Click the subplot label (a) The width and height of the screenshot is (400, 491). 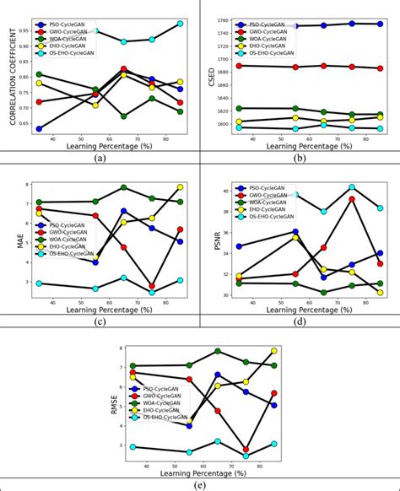[x=100, y=158]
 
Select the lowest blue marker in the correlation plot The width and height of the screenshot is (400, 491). [x=39, y=129]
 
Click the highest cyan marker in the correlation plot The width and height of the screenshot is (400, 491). [x=180, y=24]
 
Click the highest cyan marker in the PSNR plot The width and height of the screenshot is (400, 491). [x=352, y=186]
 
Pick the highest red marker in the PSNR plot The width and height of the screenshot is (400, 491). [x=352, y=199]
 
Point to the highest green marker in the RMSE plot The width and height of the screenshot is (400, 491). [x=218, y=350]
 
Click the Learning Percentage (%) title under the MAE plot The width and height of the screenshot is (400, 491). [x=100, y=312]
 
